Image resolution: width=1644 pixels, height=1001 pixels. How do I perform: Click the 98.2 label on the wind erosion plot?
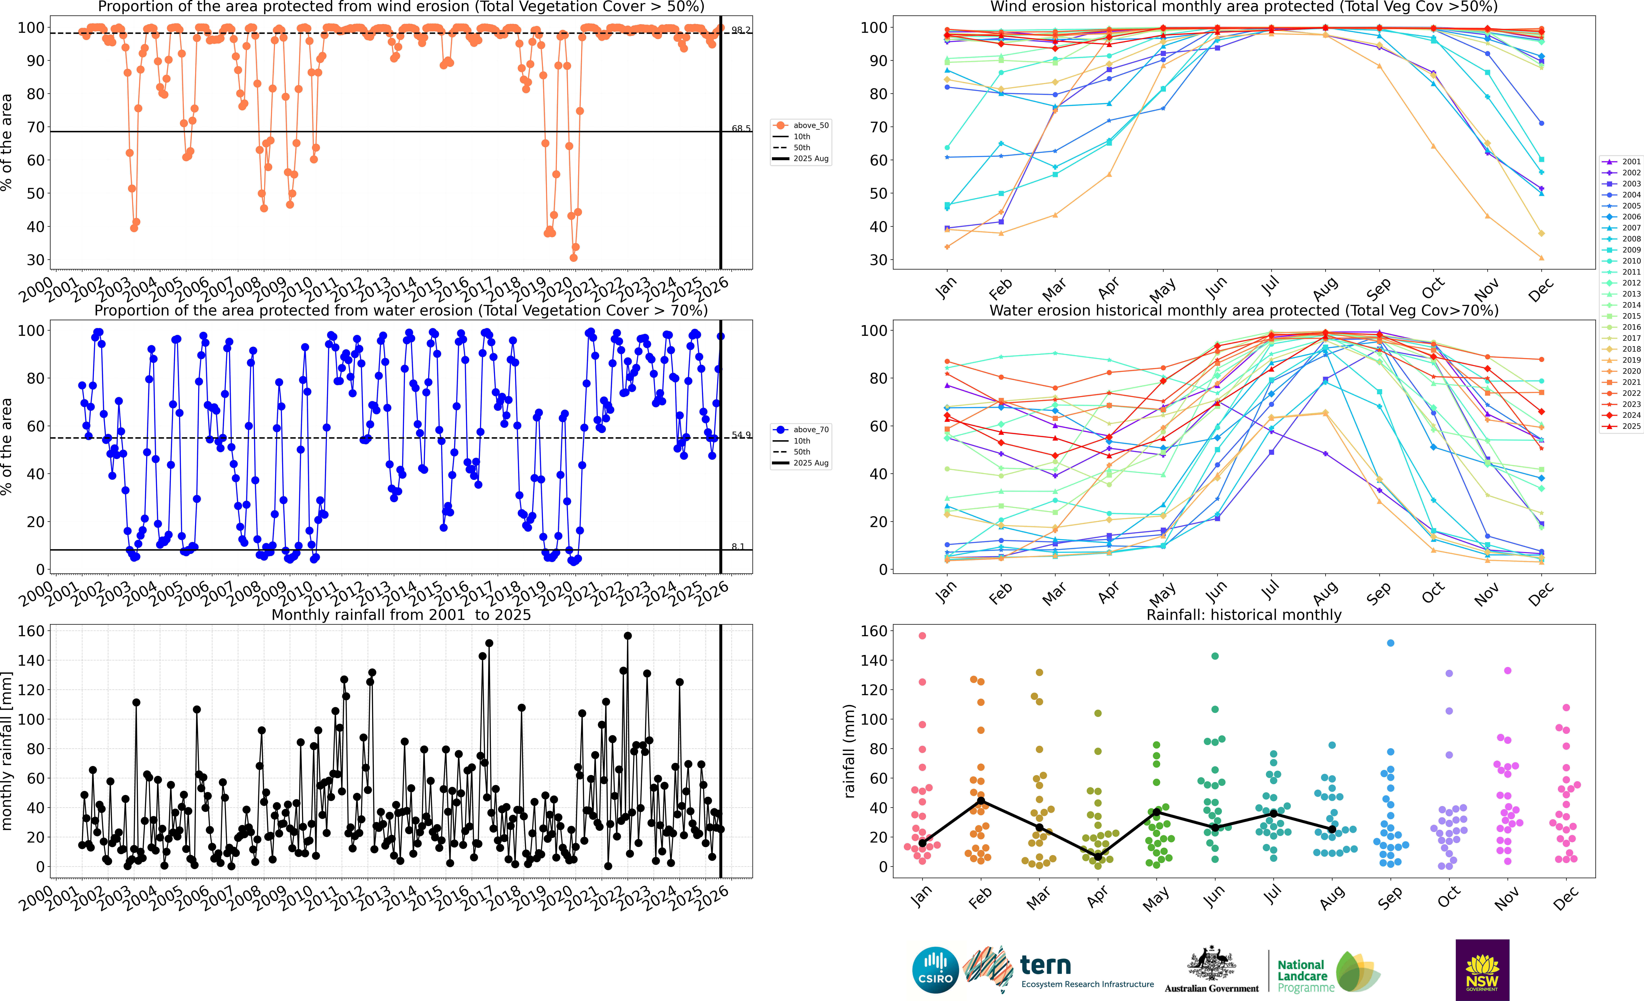click(x=741, y=30)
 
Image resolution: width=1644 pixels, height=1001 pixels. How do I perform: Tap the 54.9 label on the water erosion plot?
click(x=741, y=435)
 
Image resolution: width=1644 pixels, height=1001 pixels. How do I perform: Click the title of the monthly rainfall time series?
click(x=401, y=615)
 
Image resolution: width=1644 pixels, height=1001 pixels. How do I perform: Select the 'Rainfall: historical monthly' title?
click(x=1244, y=615)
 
